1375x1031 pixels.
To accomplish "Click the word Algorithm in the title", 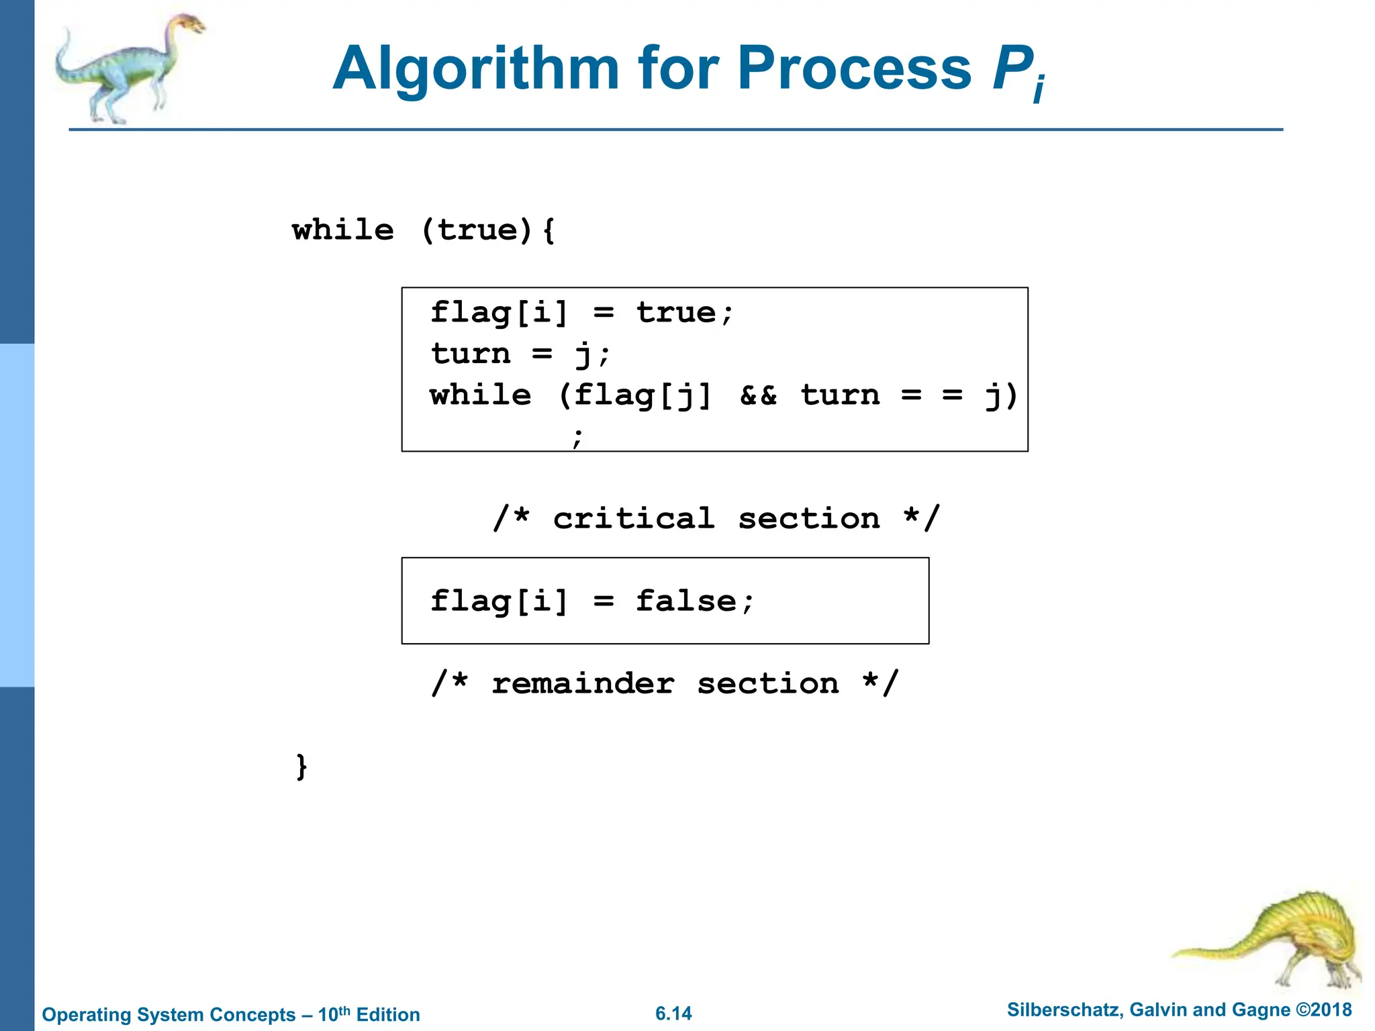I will (475, 68).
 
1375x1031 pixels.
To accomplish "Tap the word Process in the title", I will (854, 68).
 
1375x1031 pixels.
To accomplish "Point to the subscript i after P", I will (1039, 89).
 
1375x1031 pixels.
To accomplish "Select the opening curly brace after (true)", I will (549, 231).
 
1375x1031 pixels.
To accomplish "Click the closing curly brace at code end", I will (302, 766).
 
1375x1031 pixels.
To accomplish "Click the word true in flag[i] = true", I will (675, 313).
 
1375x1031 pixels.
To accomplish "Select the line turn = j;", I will (520, 354).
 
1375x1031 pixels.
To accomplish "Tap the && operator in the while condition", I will (758, 395).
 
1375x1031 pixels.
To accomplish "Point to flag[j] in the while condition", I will (642, 395).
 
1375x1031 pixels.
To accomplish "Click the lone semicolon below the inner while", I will (577, 437).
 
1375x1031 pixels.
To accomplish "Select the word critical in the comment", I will (633, 519).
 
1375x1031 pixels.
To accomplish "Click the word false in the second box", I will (686, 601).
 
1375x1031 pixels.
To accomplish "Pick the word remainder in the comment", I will (583, 684).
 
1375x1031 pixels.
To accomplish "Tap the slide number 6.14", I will (673, 1014).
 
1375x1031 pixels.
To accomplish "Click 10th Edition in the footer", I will (369, 1014).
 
